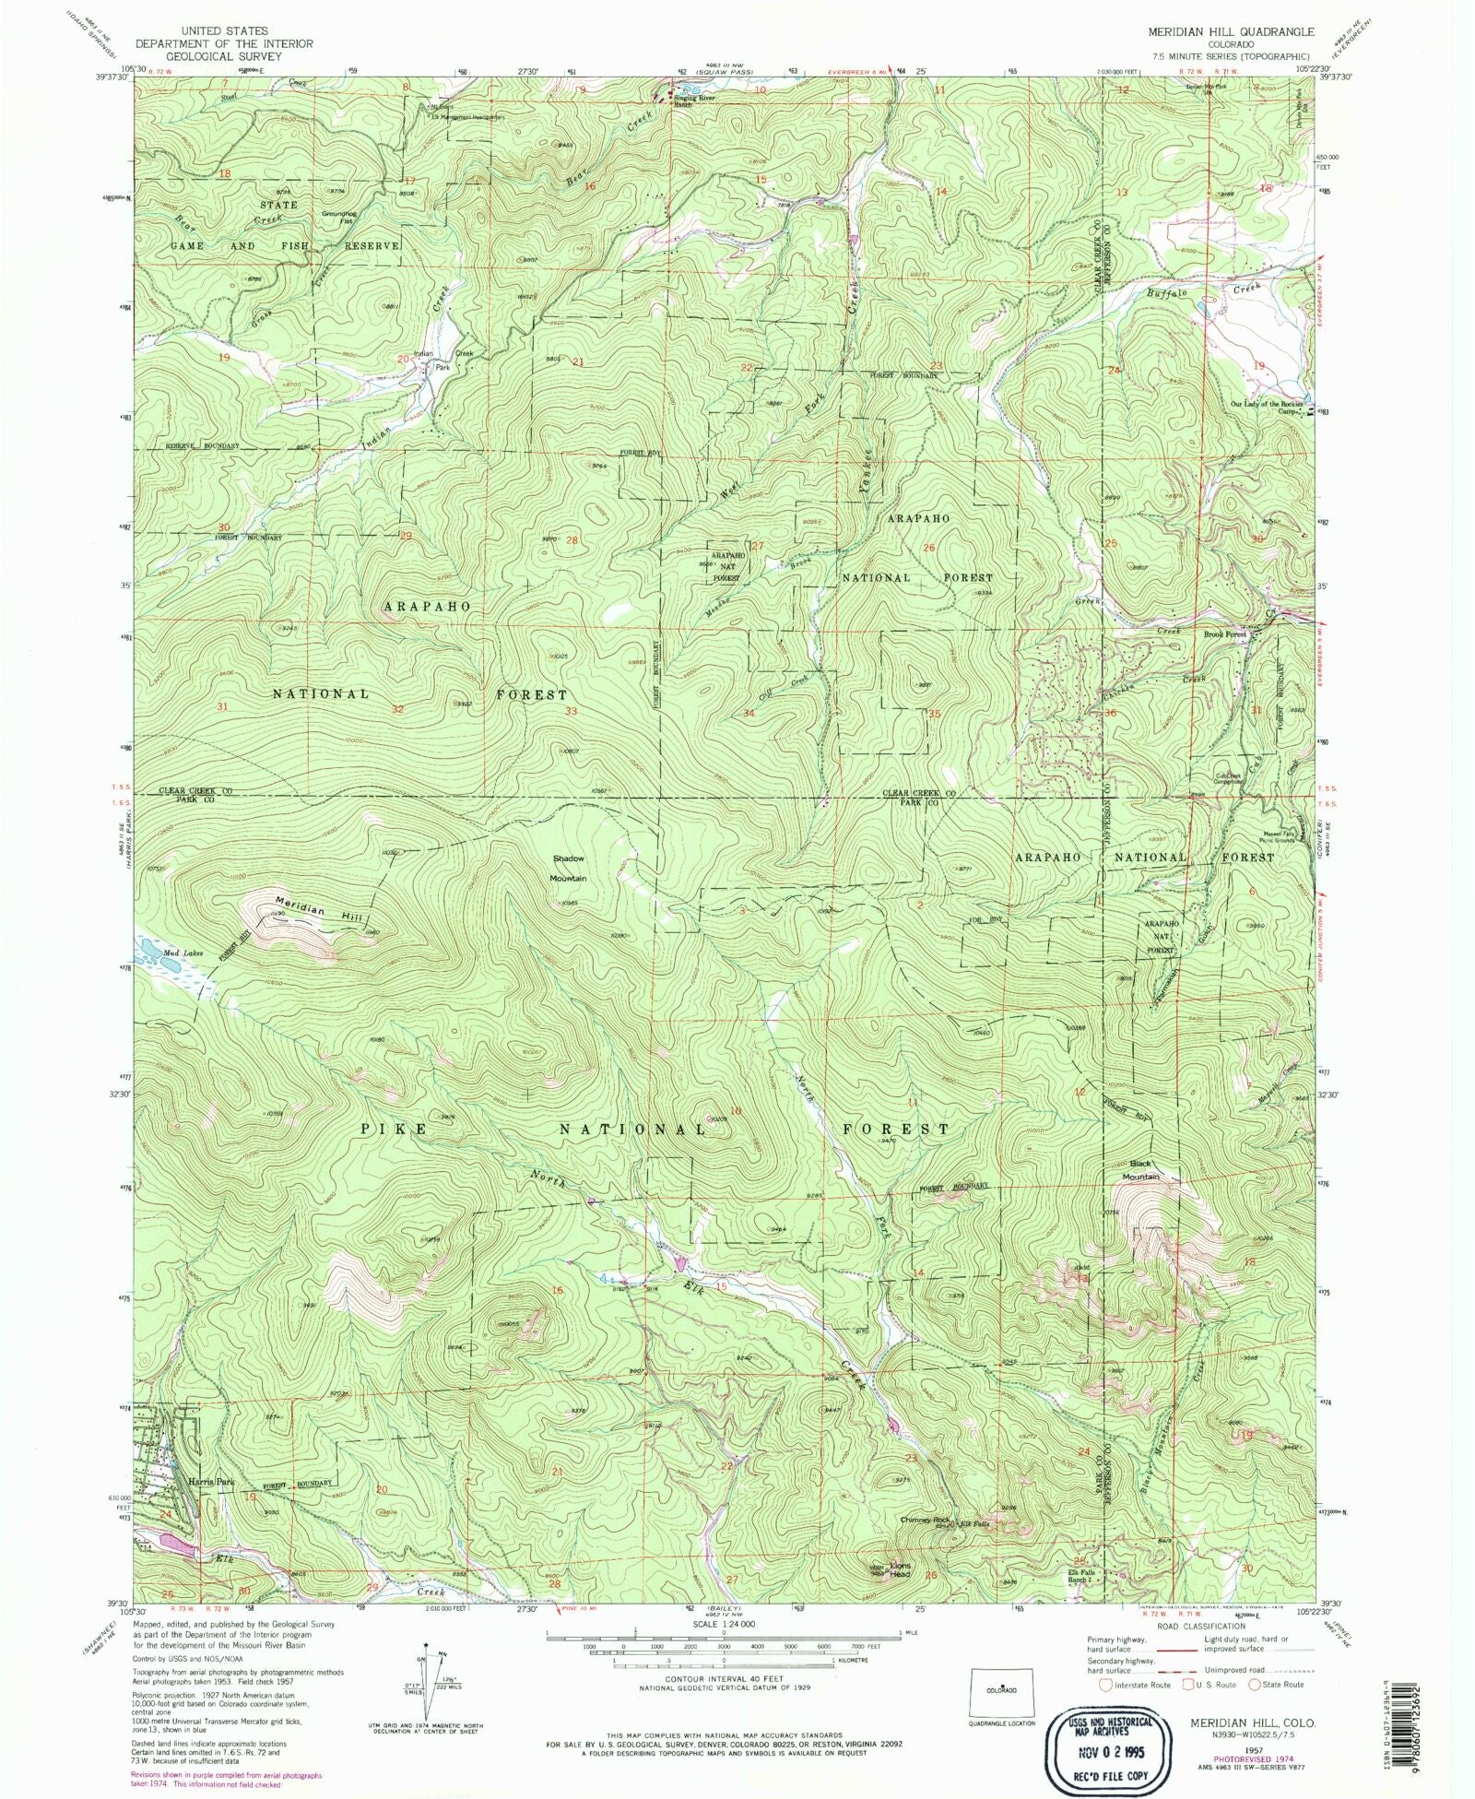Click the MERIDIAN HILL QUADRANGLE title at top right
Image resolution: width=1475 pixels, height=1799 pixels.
[1232, 31]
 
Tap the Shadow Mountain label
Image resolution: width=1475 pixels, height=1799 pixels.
[568, 868]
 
